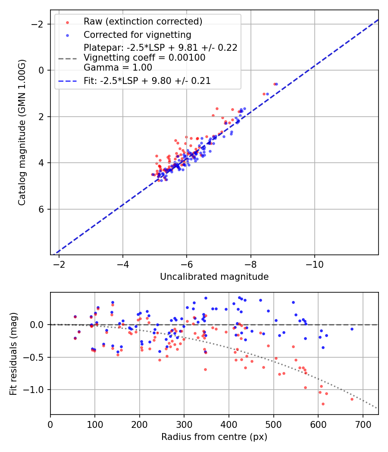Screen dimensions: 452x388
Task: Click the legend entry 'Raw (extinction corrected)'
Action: pos(143,22)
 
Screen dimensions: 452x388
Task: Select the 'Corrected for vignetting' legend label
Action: pos(137,34)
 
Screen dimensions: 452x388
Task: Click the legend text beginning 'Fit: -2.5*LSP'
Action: pos(147,80)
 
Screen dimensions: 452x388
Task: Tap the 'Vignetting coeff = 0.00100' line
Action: pos(144,58)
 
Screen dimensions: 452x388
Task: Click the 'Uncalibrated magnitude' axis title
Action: pos(214,277)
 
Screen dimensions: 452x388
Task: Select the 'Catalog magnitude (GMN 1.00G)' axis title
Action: pos(22,133)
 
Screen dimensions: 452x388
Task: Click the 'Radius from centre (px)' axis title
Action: pos(214,437)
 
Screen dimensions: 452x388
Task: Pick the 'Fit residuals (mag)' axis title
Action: pos(13,353)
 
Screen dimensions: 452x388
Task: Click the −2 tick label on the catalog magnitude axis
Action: pos(39,24)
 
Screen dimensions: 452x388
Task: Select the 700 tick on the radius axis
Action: pos(363,424)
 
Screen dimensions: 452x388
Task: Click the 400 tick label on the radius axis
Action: pos(229,424)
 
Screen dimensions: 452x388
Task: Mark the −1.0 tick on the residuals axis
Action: pos(37,390)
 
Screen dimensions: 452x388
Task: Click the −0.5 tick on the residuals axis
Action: pos(37,357)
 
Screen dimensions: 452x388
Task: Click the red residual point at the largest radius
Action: pos(352,399)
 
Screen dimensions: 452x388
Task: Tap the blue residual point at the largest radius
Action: pos(352,329)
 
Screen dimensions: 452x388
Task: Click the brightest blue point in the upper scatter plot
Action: pos(276,84)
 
